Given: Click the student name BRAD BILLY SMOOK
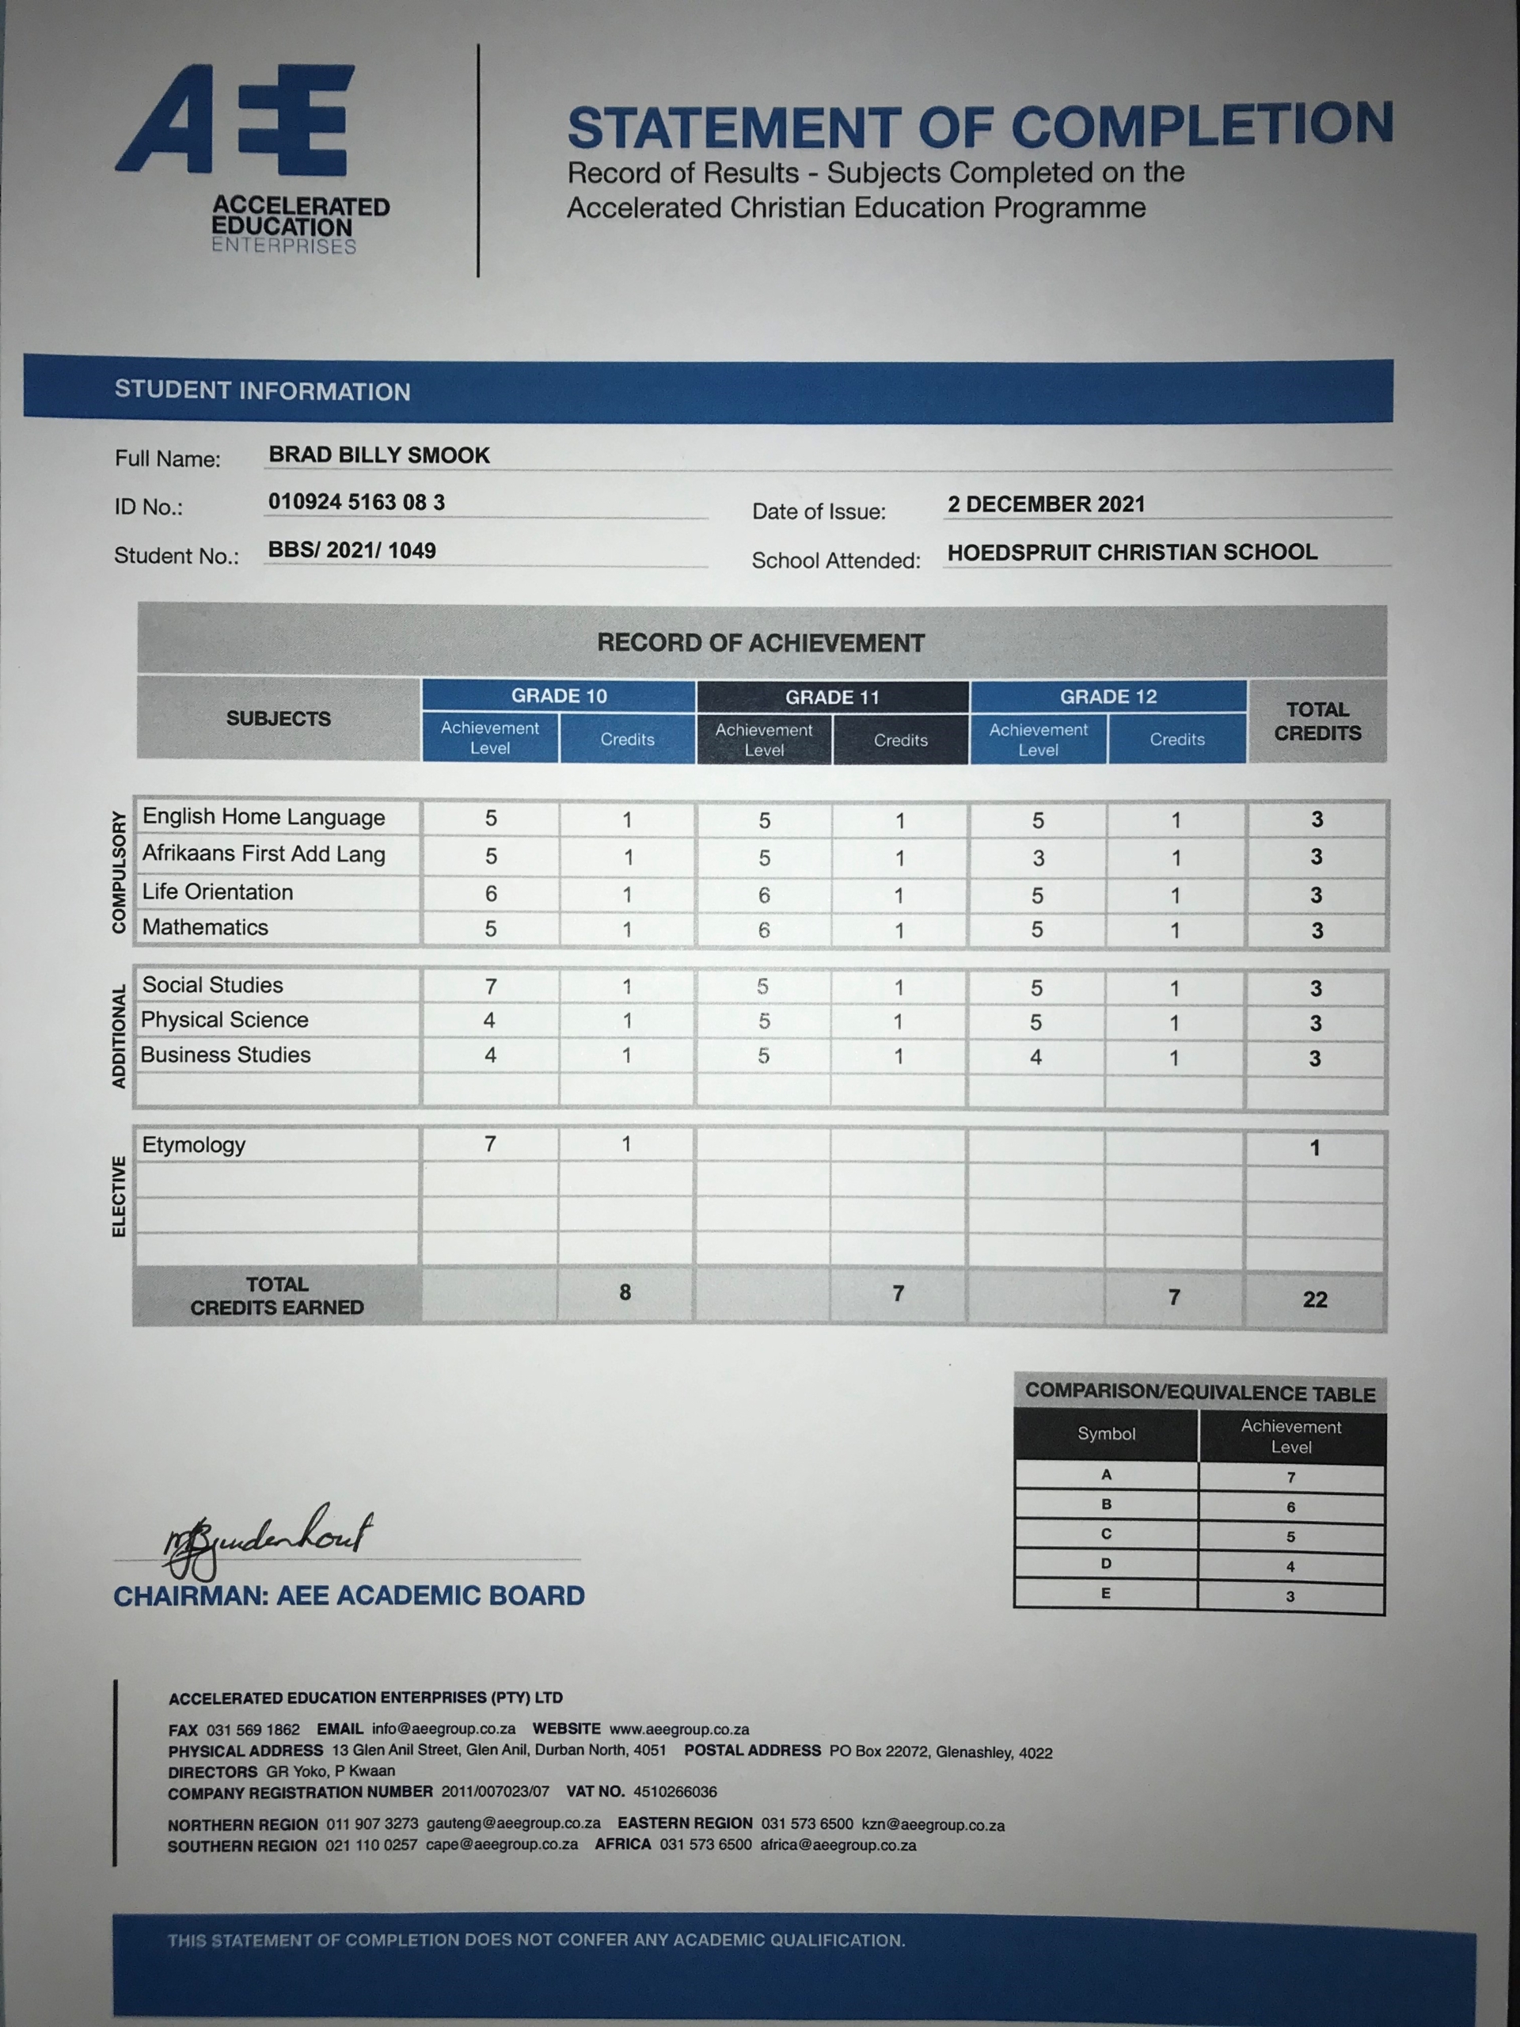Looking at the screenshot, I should point(378,455).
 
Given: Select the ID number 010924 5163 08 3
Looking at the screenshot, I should point(356,502).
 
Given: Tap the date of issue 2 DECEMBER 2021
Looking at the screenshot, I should point(1046,504).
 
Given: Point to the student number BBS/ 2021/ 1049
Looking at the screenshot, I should point(351,551).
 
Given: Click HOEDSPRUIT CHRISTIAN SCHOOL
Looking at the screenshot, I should point(1131,553).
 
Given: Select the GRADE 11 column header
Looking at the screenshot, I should point(832,698).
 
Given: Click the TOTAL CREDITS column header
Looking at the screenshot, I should point(1317,721).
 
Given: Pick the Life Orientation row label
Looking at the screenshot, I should point(217,892).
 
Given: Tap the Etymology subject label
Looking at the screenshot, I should point(193,1144).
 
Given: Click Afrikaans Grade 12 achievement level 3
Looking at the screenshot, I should point(1038,858).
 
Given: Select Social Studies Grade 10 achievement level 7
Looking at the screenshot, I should point(491,986).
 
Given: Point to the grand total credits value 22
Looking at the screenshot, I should point(1315,1299).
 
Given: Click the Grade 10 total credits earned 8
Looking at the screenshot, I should point(625,1293).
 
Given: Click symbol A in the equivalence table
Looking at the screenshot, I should point(1106,1474).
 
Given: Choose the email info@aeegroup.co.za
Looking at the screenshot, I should point(443,1729).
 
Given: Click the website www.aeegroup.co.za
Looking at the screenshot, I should point(679,1729).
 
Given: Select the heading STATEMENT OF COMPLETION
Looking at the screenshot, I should point(978,127).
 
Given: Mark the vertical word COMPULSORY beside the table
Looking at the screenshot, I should point(119,872).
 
